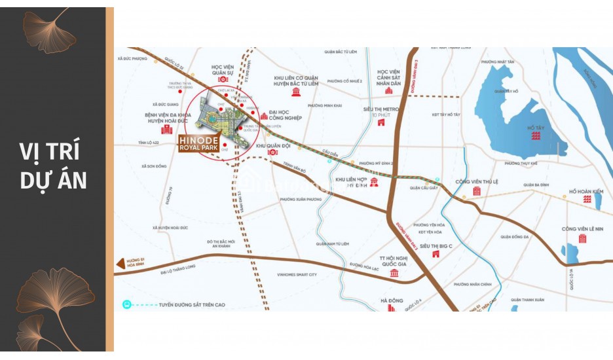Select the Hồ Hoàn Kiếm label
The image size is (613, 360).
tap(585, 192)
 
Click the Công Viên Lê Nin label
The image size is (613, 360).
tap(582, 228)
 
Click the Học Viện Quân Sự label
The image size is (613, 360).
tap(227, 71)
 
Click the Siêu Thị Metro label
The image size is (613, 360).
tap(381, 109)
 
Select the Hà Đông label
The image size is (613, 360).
tap(392, 300)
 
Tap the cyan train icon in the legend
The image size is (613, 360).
tap(126, 304)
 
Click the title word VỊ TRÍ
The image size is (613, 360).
tap(50, 152)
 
